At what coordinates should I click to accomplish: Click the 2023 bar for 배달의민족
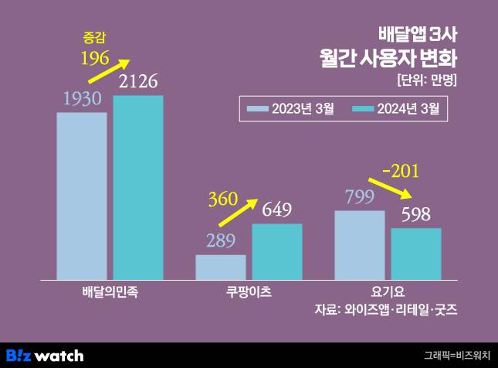tap(82, 196)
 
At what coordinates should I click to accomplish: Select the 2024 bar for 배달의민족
tap(138, 187)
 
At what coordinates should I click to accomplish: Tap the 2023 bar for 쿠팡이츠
tap(221, 267)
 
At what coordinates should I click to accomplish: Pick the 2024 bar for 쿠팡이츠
tap(276, 251)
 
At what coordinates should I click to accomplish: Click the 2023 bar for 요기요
tap(360, 244)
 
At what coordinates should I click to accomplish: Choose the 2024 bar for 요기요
tap(415, 254)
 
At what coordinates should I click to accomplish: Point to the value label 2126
tap(138, 80)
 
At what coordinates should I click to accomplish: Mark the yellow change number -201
tap(406, 170)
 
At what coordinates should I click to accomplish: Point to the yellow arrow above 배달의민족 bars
tap(109, 72)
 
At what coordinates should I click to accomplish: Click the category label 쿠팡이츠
tap(247, 293)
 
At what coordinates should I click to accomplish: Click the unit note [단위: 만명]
tap(426, 80)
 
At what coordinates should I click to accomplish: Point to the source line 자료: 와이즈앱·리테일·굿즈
tap(385, 310)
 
